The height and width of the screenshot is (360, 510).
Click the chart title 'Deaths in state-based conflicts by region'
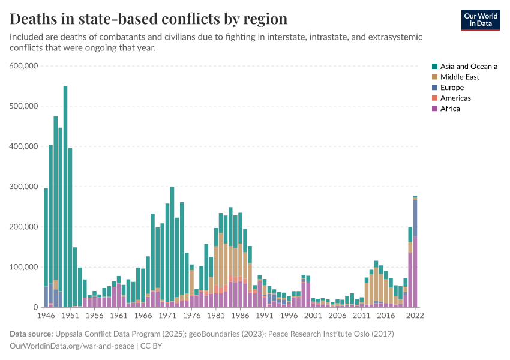click(148, 19)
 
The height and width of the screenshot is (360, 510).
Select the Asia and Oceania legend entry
click(468, 67)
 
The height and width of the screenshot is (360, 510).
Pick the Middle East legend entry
click(459, 77)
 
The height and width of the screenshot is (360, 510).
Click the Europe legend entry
click(451, 88)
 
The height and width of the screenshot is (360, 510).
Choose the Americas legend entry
click(455, 98)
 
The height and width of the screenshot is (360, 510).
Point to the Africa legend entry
click(449, 109)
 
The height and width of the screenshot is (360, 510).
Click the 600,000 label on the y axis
click(24, 66)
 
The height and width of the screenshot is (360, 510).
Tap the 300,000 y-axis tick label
click(24, 187)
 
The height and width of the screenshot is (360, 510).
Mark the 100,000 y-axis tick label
click(24, 267)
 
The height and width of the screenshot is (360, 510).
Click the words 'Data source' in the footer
click(30, 334)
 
